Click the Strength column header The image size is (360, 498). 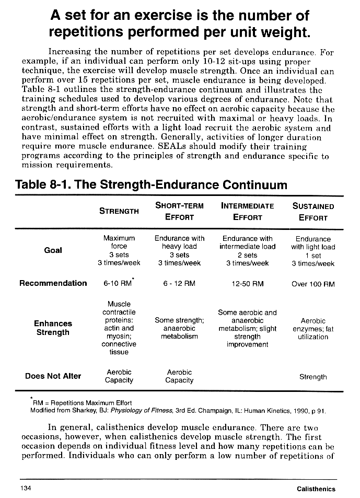pos(119,211)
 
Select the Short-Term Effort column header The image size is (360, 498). pos(179,211)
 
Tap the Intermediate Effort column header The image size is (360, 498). pos(248,211)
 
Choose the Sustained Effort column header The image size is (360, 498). pos(313,211)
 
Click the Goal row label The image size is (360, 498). pos(53,250)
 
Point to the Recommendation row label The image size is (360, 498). pos(53,283)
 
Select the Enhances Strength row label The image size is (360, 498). pos(53,328)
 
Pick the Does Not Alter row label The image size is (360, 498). pos(53,376)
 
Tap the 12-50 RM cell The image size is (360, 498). pos(248,284)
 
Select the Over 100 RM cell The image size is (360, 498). pos(313,284)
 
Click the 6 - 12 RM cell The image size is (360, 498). pos(179,284)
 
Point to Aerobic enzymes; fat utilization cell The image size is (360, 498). pos(313,329)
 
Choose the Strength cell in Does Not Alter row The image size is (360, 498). pos(313,377)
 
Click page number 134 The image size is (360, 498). pos(27,488)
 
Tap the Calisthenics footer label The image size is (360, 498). pos(316,489)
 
